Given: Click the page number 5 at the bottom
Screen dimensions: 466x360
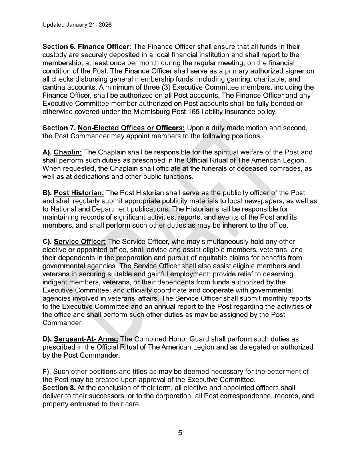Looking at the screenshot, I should point(180,432).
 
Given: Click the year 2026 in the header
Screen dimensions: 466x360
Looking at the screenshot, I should point(104,25).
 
